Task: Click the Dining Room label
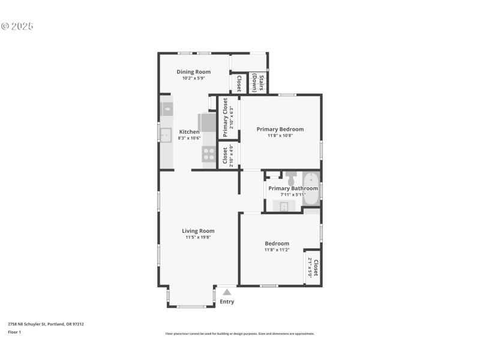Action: [193, 72]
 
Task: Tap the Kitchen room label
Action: [189, 132]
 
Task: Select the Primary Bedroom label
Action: [280, 129]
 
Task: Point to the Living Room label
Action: [198, 231]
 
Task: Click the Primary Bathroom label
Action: [293, 188]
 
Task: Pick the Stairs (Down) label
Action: [259, 83]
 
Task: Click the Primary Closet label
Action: [226, 109]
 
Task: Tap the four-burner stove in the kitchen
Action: [209, 154]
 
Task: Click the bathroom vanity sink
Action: [284, 206]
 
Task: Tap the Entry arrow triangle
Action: [227, 292]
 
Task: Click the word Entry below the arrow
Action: [227, 302]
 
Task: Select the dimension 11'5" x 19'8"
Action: [198, 238]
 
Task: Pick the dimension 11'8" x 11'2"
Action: [277, 250]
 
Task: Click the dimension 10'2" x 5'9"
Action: [193, 78]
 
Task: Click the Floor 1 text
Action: [14, 332]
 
